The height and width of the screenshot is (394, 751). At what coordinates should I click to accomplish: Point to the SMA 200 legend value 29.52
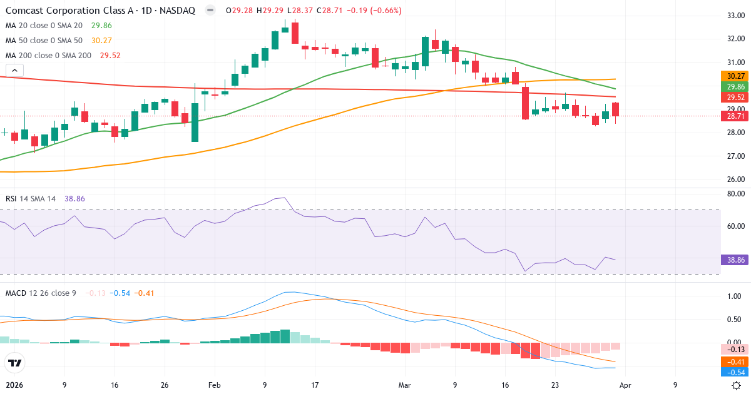pyautogui.click(x=110, y=56)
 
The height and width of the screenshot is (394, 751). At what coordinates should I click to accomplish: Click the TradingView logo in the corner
pyautogui.click(x=14, y=363)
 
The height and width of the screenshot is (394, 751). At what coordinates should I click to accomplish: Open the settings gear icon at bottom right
pyautogui.click(x=737, y=385)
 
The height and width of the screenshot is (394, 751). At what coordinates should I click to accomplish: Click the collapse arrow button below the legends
pyautogui.click(x=14, y=71)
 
